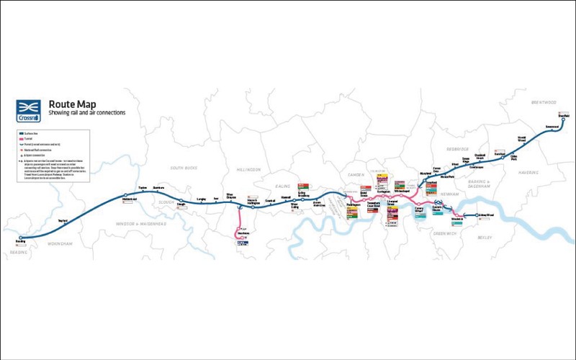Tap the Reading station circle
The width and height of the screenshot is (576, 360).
[x=22, y=237]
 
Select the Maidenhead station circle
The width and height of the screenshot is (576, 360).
[x=126, y=195]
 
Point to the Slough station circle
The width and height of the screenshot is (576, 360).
[x=181, y=201]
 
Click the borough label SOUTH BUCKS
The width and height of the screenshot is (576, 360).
[x=183, y=168]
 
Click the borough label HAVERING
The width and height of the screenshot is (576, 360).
[x=529, y=173]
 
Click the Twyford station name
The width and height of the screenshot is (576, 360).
[x=63, y=220]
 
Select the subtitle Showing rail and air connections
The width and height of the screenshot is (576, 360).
[x=87, y=114]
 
